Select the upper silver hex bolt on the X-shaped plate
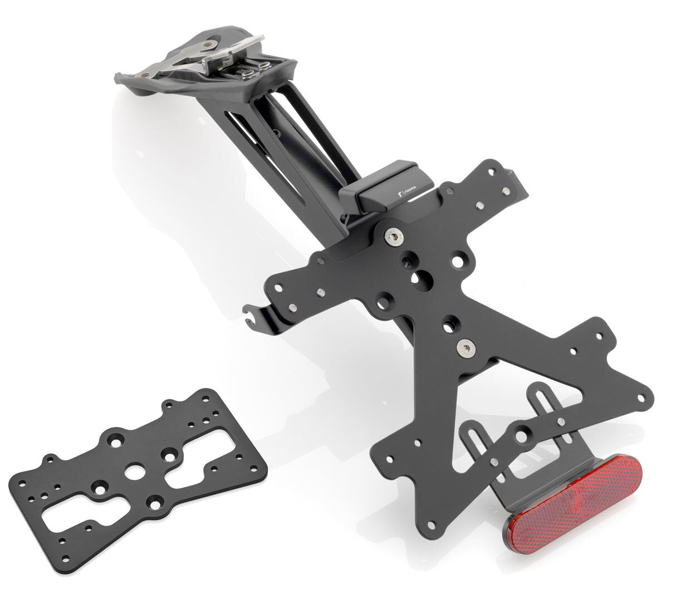393,238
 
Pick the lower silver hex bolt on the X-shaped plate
463,349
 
